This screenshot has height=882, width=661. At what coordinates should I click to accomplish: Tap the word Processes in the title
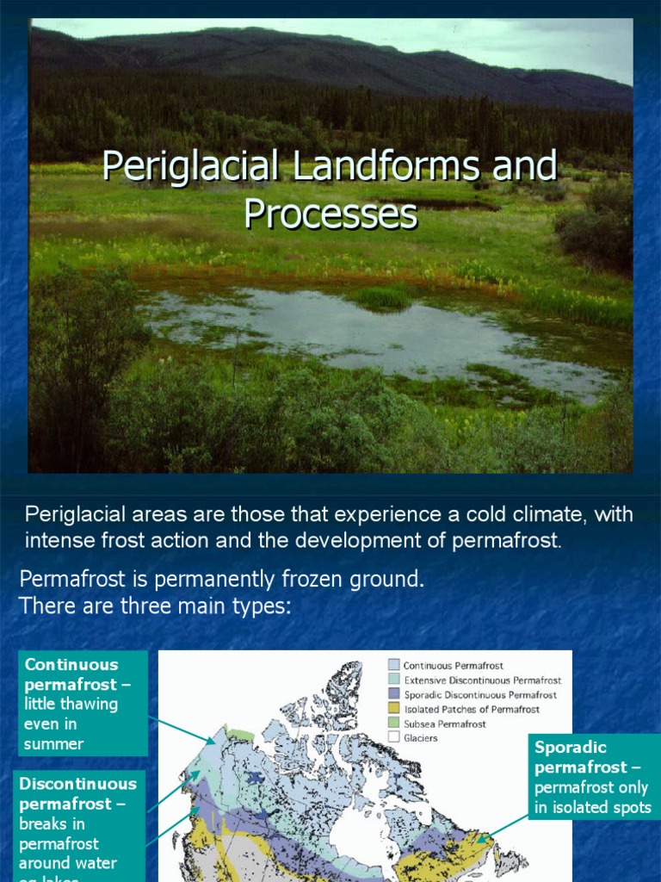[330, 214]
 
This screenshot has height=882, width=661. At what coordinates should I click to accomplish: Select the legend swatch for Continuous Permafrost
[393, 665]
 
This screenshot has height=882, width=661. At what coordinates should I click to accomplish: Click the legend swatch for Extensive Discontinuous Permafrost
[393, 680]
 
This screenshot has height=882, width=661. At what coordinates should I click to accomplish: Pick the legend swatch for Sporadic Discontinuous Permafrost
[393, 694]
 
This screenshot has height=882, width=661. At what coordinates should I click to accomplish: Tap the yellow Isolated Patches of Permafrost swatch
[393, 709]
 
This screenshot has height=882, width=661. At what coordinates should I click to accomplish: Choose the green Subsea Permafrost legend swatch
[393, 724]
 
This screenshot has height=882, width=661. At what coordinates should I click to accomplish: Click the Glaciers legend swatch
[393, 738]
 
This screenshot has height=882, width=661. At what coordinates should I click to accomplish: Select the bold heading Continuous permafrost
[72, 674]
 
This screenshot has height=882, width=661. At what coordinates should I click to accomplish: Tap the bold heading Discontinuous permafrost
[77, 793]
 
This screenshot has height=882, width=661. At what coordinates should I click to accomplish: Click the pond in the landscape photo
[361, 332]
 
